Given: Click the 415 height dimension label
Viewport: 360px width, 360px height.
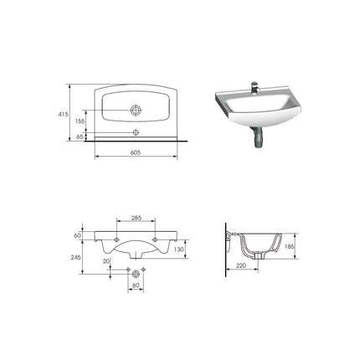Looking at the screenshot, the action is [x=64, y=114].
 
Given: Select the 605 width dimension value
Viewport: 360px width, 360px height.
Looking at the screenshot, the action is [x=136, y=152].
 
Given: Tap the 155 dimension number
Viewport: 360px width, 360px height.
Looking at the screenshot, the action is [x=80, y=121].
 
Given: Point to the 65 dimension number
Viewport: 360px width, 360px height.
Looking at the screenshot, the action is [x=80, y=136].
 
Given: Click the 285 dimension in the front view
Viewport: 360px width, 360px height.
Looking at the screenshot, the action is [x=136, y=218].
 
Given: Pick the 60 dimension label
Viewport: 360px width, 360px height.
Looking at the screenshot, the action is [x=77, y=235].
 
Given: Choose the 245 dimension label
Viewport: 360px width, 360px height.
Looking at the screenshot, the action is [x=76, y=257].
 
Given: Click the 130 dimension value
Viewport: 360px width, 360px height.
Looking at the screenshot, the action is [x=179, y=249].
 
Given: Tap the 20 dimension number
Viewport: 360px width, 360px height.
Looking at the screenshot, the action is [x=106, y=261].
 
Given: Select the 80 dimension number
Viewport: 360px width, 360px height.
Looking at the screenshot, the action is [x=136, y=285].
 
